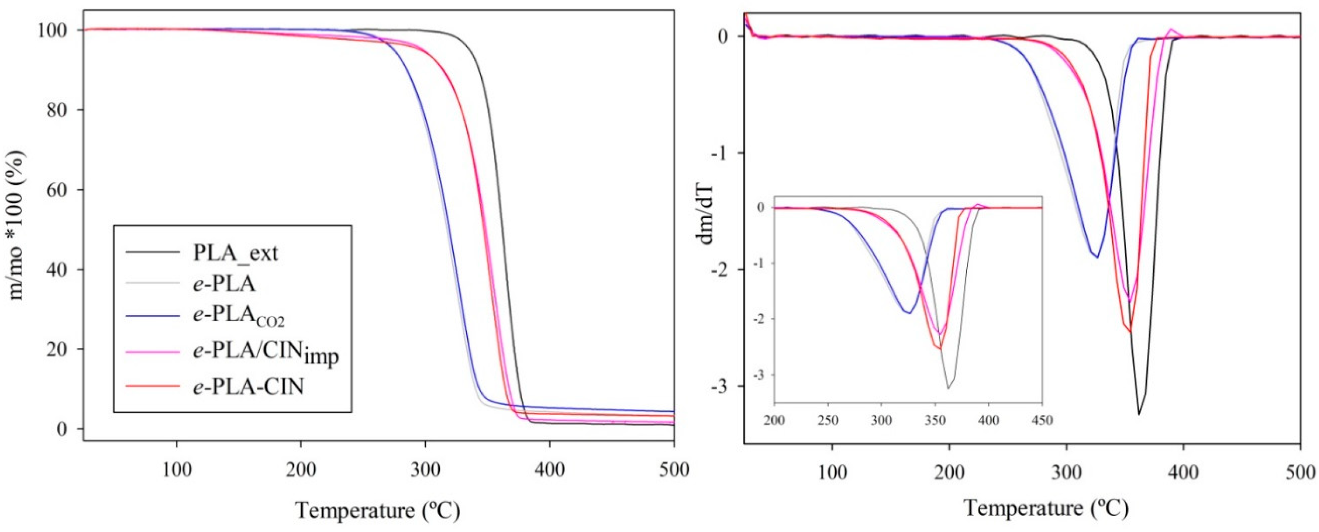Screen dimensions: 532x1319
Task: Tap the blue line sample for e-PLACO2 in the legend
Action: pos(152,316)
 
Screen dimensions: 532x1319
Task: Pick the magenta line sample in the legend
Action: pos(152,352)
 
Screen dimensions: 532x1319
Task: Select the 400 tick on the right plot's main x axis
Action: pos(1183,472)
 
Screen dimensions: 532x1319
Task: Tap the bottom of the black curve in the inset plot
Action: pos(948,388)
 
